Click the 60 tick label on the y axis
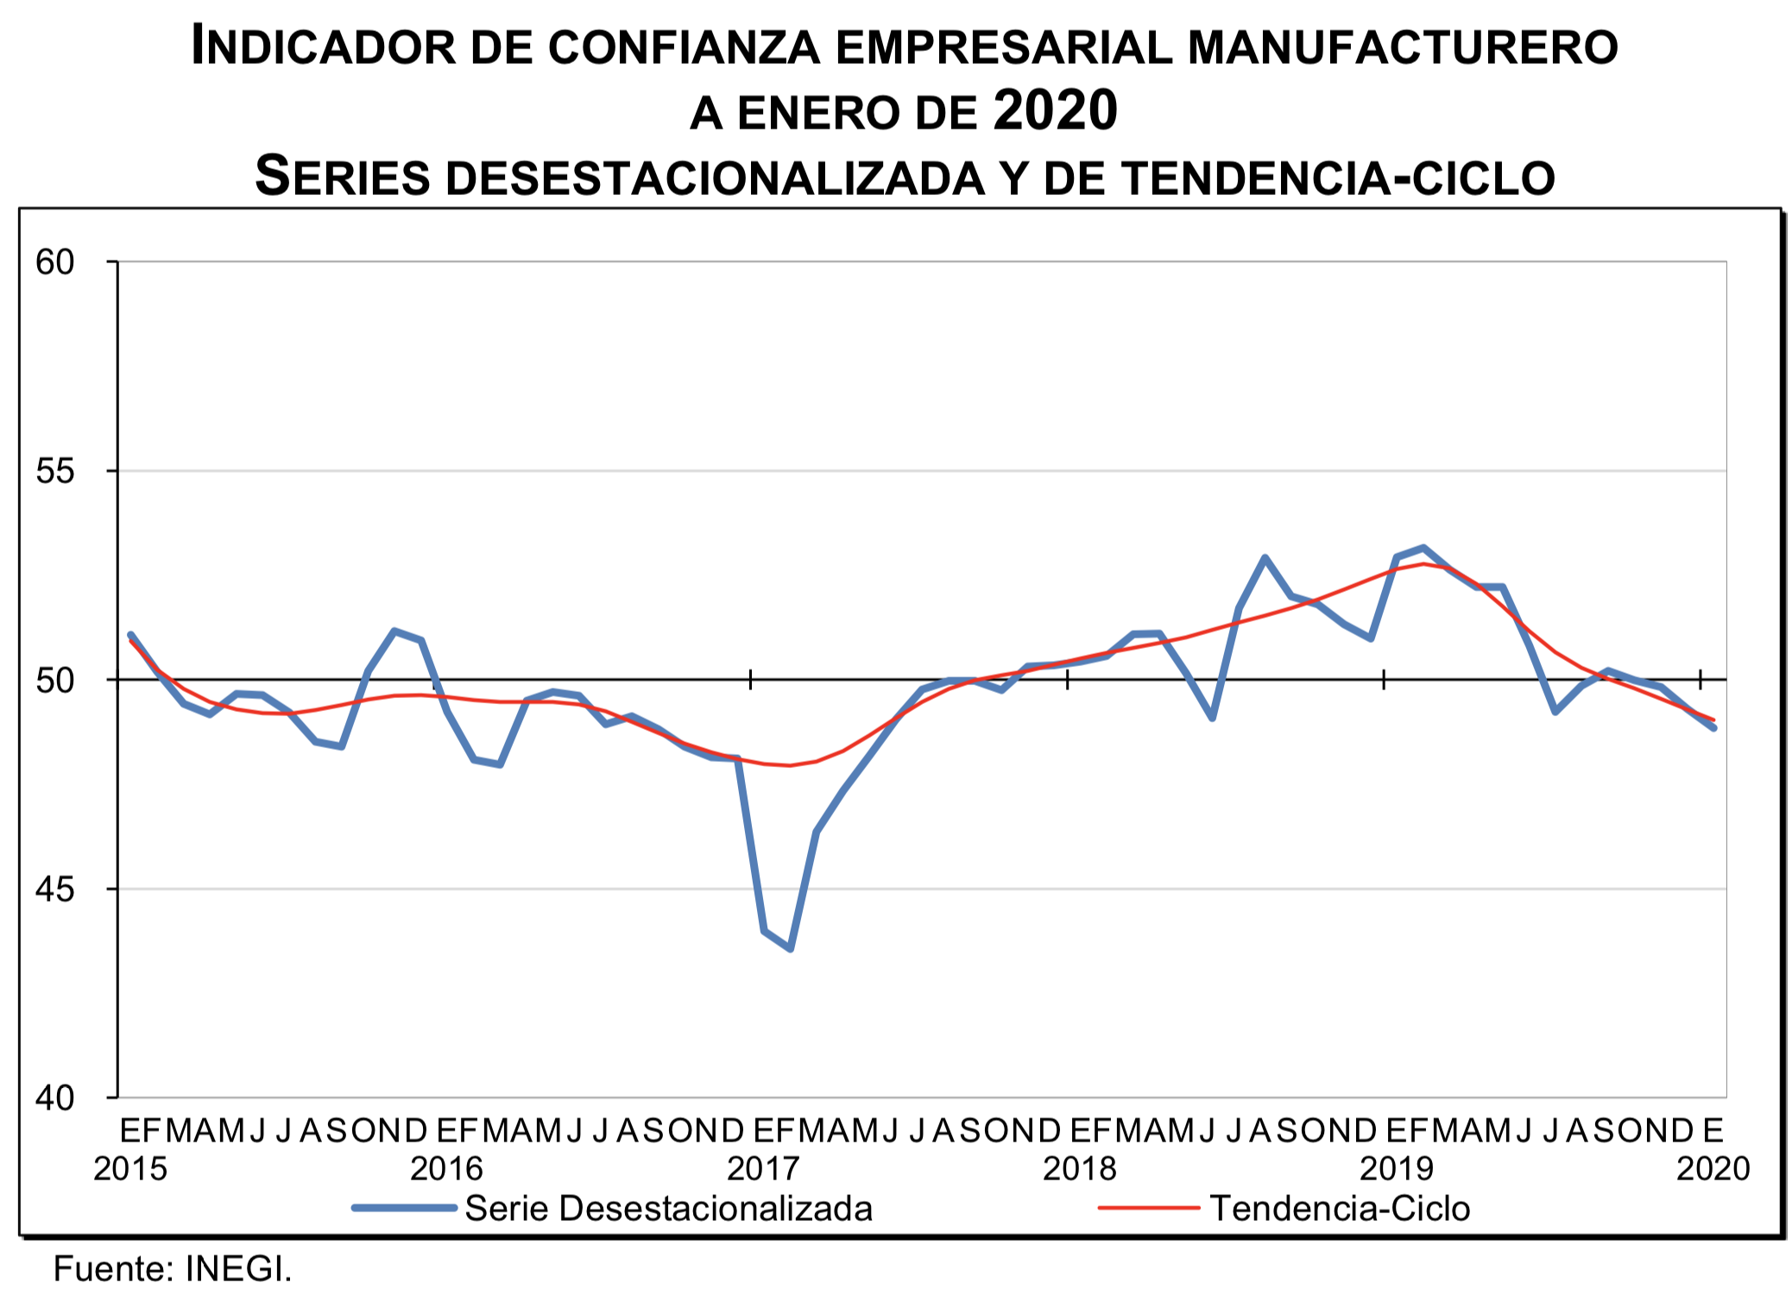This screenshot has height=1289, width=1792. [55, 262]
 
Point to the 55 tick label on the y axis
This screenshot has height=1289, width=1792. [55, 471]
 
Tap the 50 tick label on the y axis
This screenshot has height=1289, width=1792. [55, 681]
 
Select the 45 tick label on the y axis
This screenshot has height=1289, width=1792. [55, 889]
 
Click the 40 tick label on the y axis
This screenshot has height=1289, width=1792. [55, 1098]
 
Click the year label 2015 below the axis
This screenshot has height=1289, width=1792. [130, 1169]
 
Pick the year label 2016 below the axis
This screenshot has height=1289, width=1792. [447, 1169]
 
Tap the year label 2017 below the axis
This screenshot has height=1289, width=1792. [764, 1169]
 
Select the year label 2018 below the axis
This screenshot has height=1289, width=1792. [1080, 1169]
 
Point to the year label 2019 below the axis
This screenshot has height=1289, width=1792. [1397, 1169]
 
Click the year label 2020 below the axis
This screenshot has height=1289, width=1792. [1713, 1169]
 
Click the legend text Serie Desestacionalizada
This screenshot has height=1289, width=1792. [668, 1209]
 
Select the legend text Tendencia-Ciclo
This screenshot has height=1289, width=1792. [1340, 1209]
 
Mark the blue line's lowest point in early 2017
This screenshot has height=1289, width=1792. [791, 949]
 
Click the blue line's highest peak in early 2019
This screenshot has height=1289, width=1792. [1423, 548]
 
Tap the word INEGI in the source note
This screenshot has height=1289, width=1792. [237, 1269]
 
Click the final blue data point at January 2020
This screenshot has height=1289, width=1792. [1713, 728]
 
